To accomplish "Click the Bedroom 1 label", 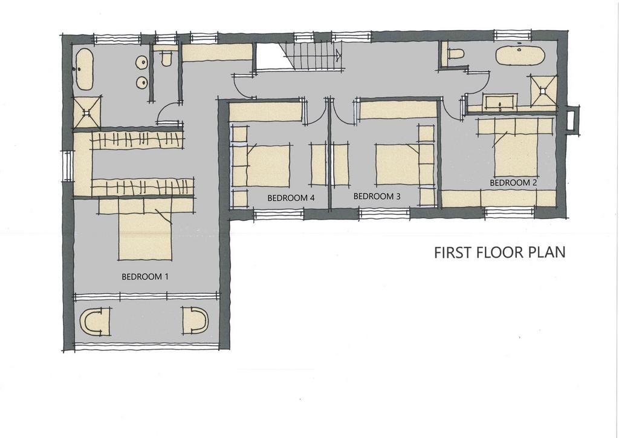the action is [145, 276].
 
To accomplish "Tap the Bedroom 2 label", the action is [513, 183].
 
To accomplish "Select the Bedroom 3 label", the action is [377, 196].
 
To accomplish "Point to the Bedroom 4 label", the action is [291, 198].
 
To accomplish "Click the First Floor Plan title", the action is [500, 252].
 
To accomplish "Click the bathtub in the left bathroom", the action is [83, 69].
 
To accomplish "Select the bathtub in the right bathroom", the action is [520, 56].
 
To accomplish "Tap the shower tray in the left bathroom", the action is [87, 112].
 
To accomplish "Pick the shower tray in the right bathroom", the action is [543, 91].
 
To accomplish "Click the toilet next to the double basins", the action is [167, 59].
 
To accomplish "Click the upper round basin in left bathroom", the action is [141, 62].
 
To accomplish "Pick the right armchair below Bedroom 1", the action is [195, 320].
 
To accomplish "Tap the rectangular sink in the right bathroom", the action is [501, 102].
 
